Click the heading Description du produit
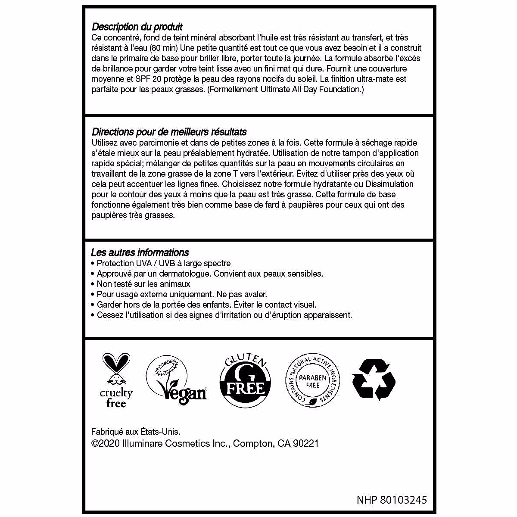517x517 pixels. click(137, 27)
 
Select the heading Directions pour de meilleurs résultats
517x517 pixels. click(169, 132)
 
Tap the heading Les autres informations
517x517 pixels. click(140, 252)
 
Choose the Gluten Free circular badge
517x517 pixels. click(246, 380)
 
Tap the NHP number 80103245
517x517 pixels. click(392, 500)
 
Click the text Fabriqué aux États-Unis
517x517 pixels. click(136, 432)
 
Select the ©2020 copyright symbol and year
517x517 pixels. click(106, 443)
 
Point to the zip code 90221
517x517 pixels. click(305, 443)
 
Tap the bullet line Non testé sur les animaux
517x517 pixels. click(143, 284)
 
